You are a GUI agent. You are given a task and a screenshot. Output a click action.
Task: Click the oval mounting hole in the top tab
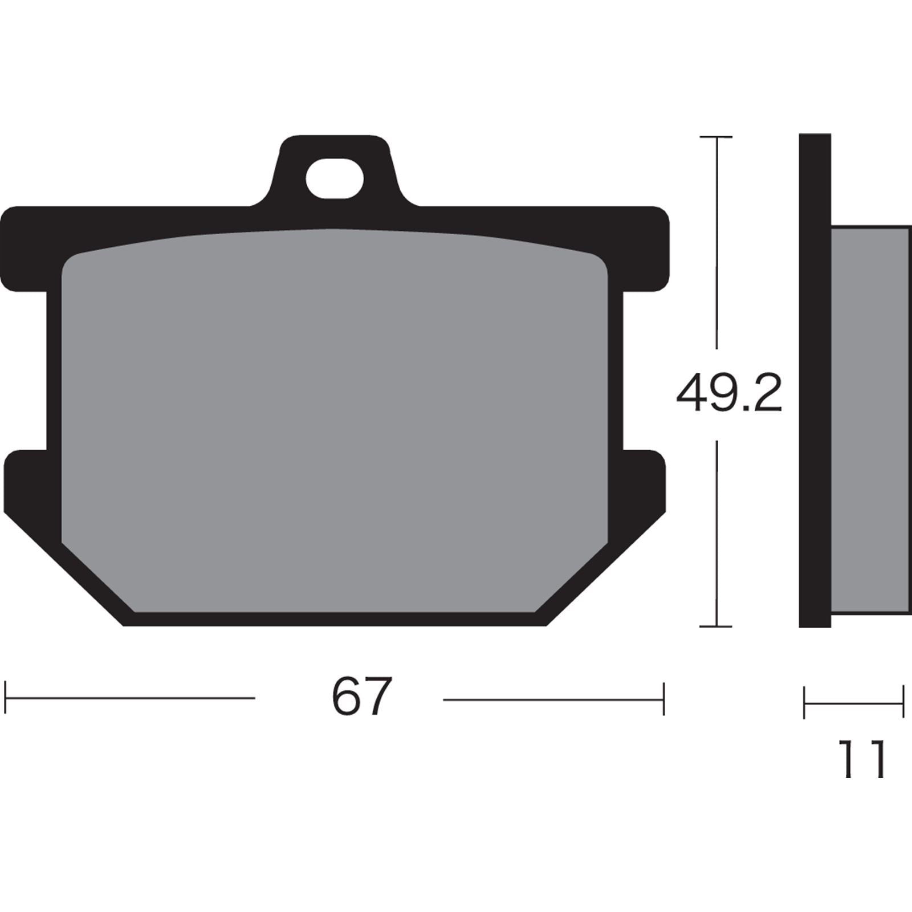[x=335, y=179]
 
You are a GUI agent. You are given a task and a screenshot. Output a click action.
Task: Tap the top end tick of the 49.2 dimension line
[x=715, y=137]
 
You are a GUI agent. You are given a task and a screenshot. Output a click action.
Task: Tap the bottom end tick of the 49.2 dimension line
[x=715, y=626]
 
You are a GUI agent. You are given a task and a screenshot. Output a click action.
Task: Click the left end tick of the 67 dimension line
[x=5, y=697]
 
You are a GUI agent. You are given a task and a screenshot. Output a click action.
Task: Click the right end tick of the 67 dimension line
[x=663, y=698]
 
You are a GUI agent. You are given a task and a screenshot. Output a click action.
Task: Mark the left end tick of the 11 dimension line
[x=804, y=702]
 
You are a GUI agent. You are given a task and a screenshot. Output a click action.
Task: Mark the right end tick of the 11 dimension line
[x=903, y=702]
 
